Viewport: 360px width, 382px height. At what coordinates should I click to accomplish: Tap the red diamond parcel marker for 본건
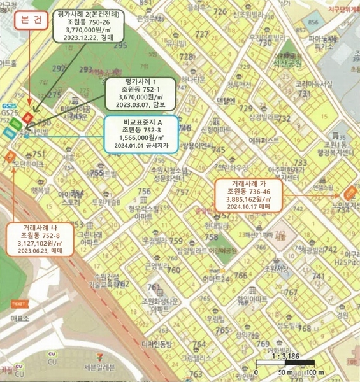28,117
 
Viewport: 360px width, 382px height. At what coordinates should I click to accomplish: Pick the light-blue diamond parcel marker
9,132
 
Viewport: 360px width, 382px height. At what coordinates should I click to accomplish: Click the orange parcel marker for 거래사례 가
349,193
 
